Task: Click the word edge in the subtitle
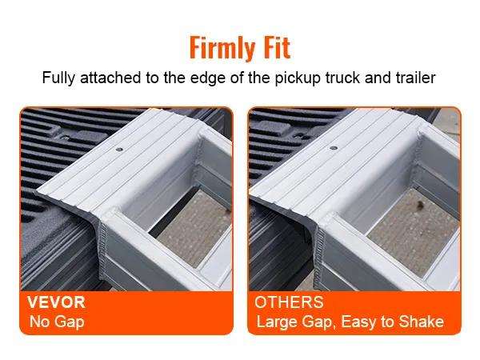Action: tap(207, 79)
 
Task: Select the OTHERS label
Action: tap(289, 304)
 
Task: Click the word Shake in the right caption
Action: tap(422, 323)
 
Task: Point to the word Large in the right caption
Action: tap(274, 323)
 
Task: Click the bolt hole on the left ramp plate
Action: tap(119, 149)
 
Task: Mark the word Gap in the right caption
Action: tap(313, 323)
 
